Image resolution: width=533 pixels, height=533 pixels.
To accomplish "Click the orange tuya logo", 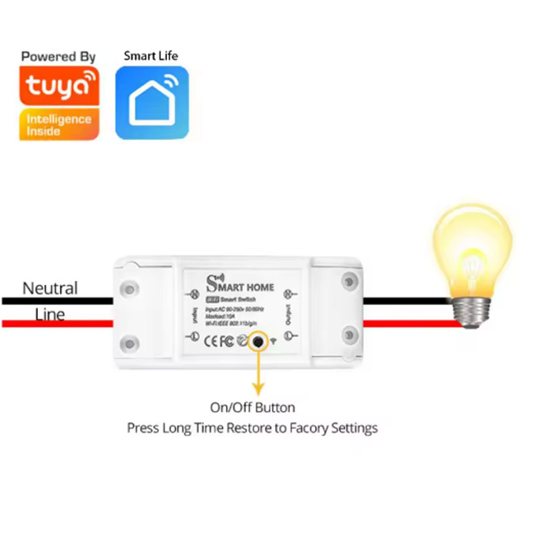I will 59,85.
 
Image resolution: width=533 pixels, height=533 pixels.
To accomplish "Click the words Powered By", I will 59,57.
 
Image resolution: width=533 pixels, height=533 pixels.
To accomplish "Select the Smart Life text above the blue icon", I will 151,55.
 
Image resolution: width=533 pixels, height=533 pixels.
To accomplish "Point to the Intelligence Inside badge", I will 59,125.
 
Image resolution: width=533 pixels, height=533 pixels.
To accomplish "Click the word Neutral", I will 50,288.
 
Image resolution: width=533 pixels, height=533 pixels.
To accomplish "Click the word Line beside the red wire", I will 50,314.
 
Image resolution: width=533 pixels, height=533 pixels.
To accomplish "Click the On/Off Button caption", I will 252,407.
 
